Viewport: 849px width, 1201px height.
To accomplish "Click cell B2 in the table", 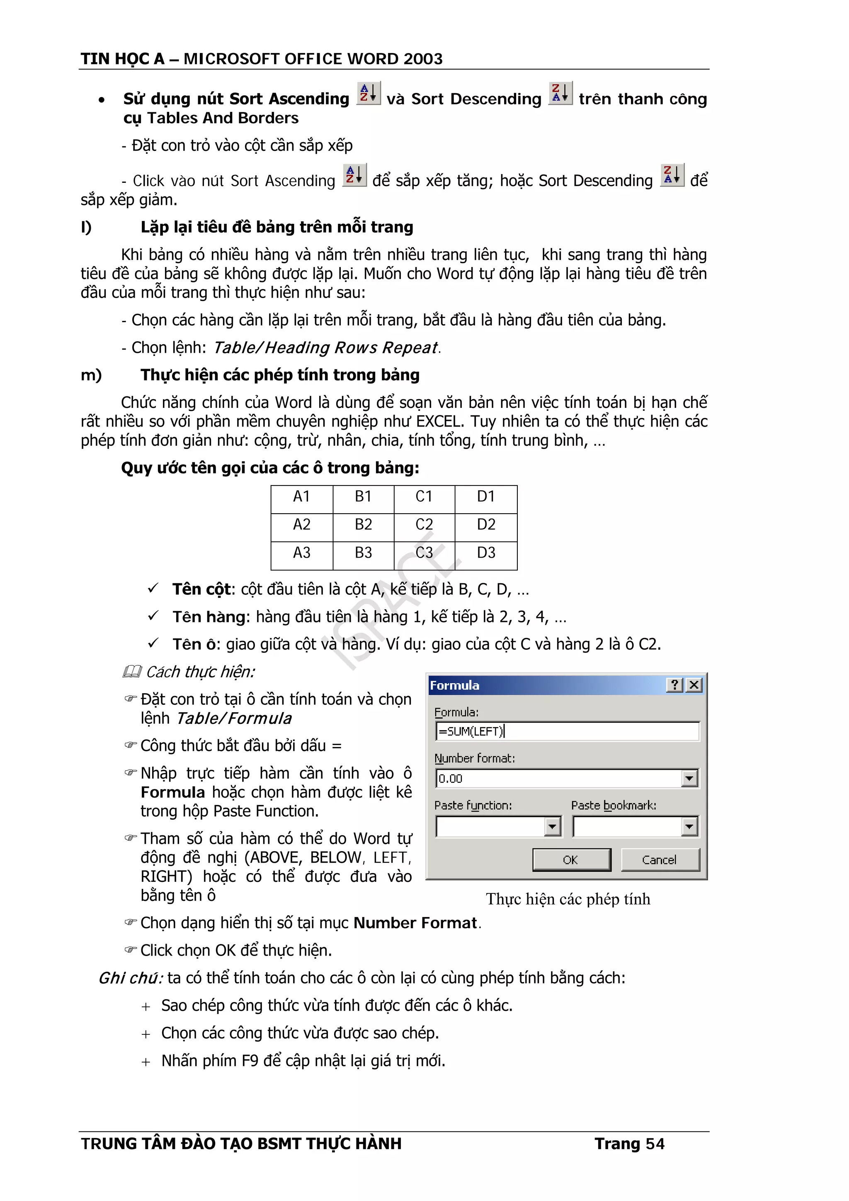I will click(x=363, y=524).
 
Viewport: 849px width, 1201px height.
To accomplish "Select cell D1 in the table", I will click(x=485, y=496).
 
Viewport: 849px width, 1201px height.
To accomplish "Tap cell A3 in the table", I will click(x=301, y=552).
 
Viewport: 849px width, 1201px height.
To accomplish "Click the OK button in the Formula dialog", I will click(x=571, y=860).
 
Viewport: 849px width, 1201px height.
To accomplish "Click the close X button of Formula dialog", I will click(x=694, y=685).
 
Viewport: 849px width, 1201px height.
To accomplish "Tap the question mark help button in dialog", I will click(x=674, y=685).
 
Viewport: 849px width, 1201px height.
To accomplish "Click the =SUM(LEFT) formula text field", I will click(x=567, y=731).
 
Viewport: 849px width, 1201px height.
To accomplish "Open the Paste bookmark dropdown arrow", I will click(x=689, y=827).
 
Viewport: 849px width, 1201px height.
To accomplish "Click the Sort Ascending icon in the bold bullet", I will click(x=368, y=94).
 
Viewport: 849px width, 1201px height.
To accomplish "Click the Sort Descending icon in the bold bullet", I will click(x=560, y=94).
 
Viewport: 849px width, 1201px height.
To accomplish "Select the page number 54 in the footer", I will click(x=655, y=1144).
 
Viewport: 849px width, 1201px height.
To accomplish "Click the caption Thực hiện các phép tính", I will click(x=568, y=899).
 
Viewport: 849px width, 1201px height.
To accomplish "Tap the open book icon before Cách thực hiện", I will click(x=132, y=672).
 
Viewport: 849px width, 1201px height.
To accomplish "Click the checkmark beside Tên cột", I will click(x=153, y=588).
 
